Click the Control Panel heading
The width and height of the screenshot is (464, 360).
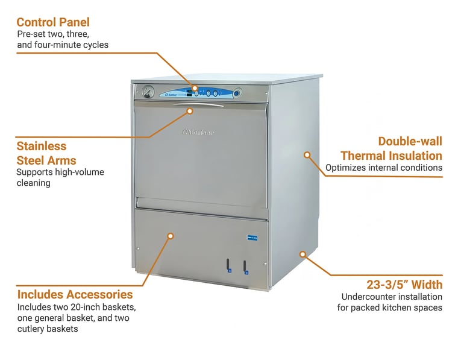point(53,22)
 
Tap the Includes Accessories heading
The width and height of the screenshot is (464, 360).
point(75,294)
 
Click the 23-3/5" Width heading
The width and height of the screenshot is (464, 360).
point(404,285)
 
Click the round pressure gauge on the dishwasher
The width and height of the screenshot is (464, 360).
point(148,93)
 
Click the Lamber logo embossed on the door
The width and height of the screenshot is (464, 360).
point(199,132)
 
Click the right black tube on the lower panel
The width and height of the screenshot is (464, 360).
point(246,265)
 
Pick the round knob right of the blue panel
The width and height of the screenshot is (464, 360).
point(237,93)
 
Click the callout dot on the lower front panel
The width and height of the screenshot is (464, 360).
point(171,236)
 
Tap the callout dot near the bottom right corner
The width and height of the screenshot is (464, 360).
point(303,254)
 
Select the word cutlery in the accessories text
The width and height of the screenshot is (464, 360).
point(31,329)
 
